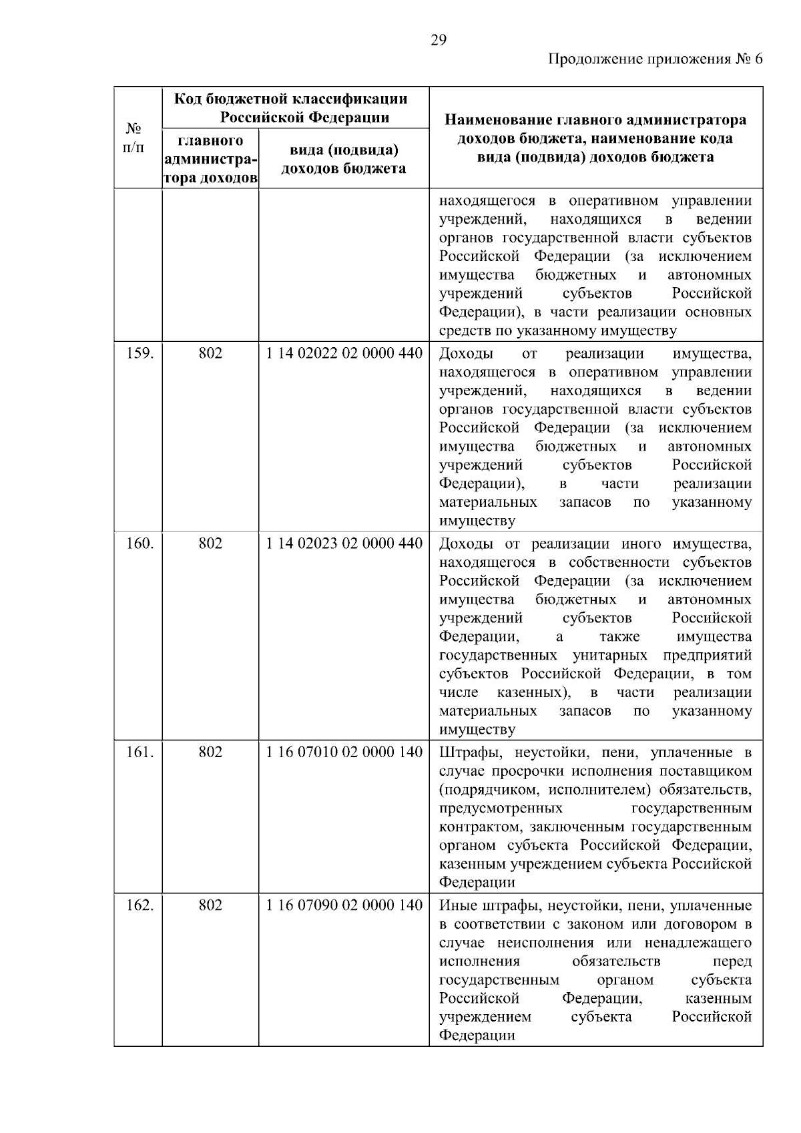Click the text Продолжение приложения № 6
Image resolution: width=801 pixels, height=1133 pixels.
pos(655,59)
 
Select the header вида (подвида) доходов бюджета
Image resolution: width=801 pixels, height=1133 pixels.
pos(344,159)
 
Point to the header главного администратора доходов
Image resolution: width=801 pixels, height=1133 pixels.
pos(210,160)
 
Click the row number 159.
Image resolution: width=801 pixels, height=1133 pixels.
pos(140,353)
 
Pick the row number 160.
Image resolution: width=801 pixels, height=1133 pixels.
pos(140,543)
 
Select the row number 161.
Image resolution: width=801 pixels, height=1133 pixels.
pos(140,752)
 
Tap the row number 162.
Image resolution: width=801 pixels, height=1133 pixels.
pos(140,905)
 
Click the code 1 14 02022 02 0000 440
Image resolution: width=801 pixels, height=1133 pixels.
pos(344,353)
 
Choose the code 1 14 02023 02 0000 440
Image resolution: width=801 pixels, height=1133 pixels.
pos(344,543)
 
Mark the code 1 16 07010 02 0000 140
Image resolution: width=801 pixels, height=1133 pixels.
pos(344,752)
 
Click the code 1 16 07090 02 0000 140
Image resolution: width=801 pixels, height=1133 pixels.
pos(344,905)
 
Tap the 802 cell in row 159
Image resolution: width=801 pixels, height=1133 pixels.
pos(210,353)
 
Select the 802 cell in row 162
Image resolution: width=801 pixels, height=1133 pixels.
pos(210,905)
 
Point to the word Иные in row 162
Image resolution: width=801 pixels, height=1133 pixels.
pos(456,906)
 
